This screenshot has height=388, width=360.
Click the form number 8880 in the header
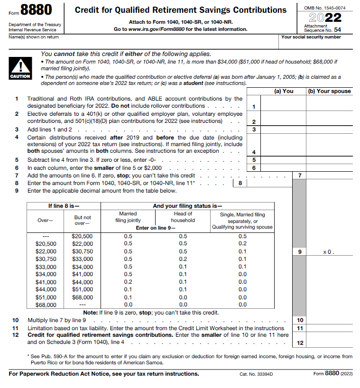[37, 10]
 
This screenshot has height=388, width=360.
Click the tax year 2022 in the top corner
[326, 18]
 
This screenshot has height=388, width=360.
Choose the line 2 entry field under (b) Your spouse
[329, 118]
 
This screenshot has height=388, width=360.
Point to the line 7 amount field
[329, 176]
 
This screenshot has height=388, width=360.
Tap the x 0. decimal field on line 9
[329, 252]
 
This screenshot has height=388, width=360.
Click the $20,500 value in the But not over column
[82, 236]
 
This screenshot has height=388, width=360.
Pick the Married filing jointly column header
[128, 217]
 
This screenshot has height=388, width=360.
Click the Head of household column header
[183, 217]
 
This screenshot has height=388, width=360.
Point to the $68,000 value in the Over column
[46, 305]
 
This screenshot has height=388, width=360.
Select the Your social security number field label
[311, 37]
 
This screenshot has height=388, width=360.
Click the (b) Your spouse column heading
[329, 91]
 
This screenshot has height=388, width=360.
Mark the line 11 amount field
[329, 328]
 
